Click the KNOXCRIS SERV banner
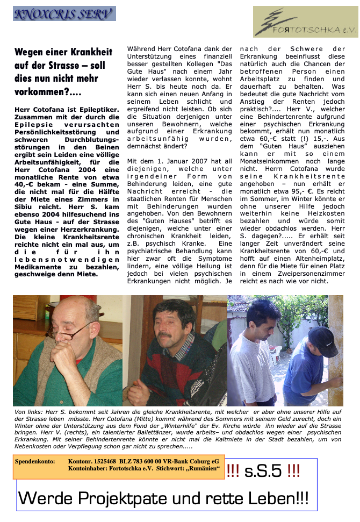(64, 13)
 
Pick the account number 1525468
(103, 461)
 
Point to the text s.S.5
(263, 471)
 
